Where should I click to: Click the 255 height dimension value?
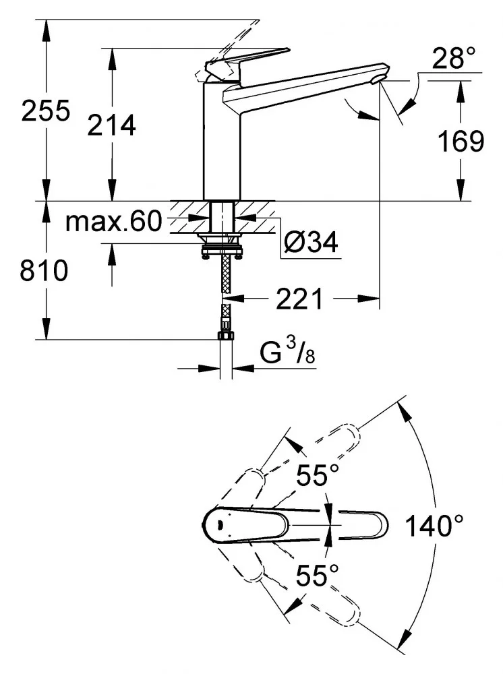point(46,111)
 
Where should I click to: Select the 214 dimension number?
point(112,125)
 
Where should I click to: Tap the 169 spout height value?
point(461,141)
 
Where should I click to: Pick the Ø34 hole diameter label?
point(310,241)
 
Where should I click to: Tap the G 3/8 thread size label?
point(287,353)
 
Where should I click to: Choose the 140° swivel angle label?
point(435,526)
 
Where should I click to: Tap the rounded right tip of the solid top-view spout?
point(382,525)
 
